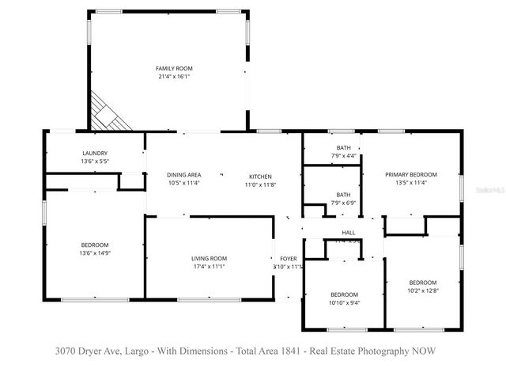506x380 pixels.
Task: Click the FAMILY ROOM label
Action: tap(173, 69)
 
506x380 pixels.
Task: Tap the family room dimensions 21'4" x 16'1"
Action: tap(173, 77)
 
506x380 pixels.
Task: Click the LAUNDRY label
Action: tap(94, 154)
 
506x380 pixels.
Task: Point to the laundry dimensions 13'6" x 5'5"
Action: tap(94, 161)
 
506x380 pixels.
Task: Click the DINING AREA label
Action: tap(183, 175)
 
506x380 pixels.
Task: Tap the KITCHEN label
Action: tap(260, 177)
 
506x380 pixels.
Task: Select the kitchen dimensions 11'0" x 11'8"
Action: tap(260, 184)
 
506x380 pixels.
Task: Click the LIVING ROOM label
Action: tap(209, 259)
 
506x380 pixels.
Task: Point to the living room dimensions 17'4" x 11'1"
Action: tap(209, 267)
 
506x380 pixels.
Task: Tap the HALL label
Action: tap(348, 233)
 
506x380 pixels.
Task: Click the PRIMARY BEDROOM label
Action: tap(410, 175)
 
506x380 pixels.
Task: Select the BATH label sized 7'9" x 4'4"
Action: tap(343, 148)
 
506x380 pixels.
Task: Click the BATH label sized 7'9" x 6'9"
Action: tap(343, 195)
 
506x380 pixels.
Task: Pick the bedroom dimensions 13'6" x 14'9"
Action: tap(94, 253)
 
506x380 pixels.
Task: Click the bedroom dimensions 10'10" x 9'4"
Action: tap(344, 302)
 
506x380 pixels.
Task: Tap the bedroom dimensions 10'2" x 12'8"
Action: tap(422, 291)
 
